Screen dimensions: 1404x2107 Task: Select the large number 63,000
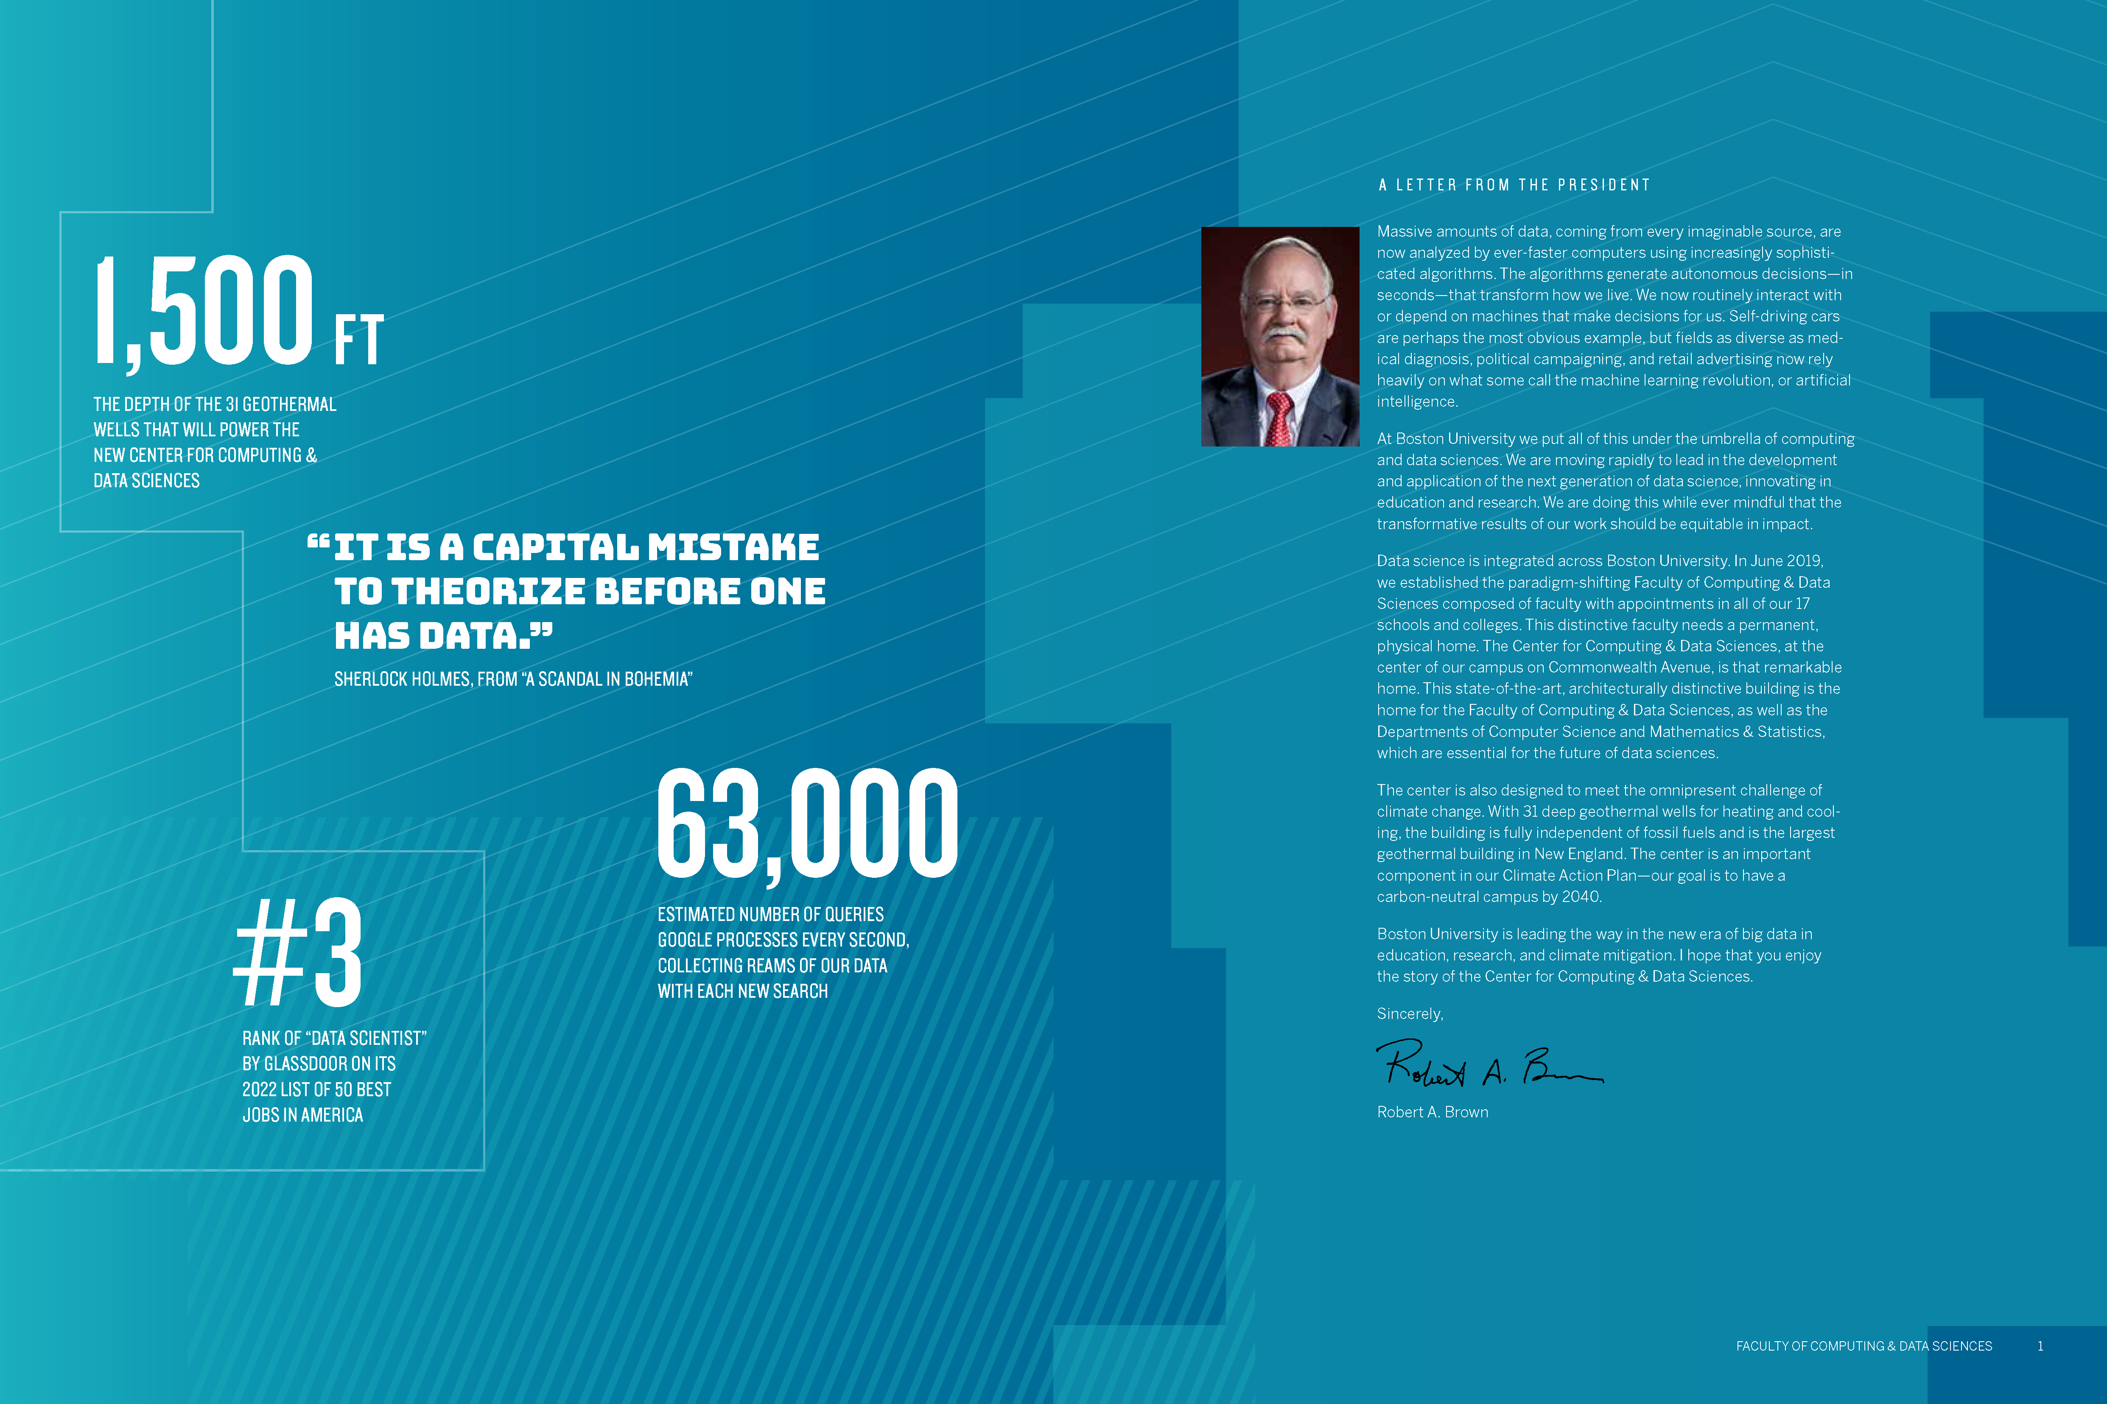pos(807,824)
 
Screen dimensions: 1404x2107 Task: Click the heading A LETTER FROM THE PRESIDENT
pos(1514,185)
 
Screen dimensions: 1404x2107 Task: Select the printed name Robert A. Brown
pos(1433,1112)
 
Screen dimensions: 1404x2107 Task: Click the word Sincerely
pos(1409,1013)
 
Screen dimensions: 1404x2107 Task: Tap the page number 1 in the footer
pos(2040,1346)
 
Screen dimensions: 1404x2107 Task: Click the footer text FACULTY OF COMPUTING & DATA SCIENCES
pos(1864,1346)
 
